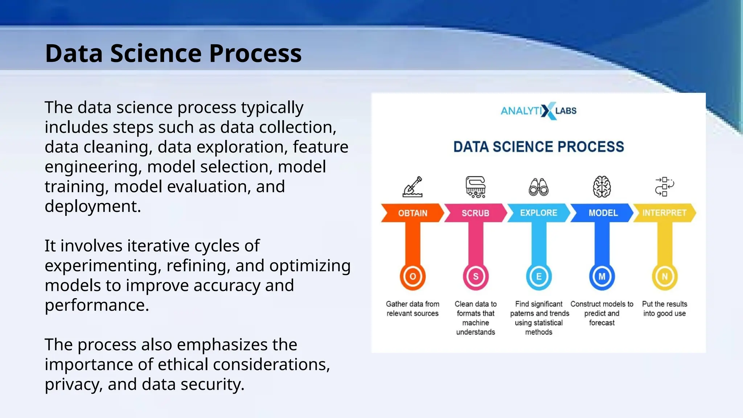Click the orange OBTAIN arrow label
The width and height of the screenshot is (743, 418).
coord(412,213)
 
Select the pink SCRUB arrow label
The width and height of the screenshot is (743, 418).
coord(475,213)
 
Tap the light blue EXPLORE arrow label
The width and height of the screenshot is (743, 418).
coord(538,213)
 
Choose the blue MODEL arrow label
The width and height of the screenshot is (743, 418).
coord(603,213)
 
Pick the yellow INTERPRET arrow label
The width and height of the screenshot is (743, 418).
coord(664,213)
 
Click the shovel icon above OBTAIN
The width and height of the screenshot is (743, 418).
coord(412,187)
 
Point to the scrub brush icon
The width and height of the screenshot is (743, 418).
coord(476,187)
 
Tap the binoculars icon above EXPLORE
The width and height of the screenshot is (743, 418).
coord(539,187)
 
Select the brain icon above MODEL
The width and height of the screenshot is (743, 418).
coord(602,187)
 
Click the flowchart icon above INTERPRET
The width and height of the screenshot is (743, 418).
coord(664,187)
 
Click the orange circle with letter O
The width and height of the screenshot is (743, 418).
coord(412,276)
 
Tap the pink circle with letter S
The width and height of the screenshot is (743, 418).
coord(476,276)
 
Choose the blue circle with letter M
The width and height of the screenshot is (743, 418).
coord(602,276)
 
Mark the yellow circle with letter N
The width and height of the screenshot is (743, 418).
coord(665,276)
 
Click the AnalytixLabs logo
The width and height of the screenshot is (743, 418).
coord(539,111)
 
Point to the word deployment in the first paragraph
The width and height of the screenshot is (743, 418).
coord(93,206)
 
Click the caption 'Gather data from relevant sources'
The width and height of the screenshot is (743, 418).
coord(412,309)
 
